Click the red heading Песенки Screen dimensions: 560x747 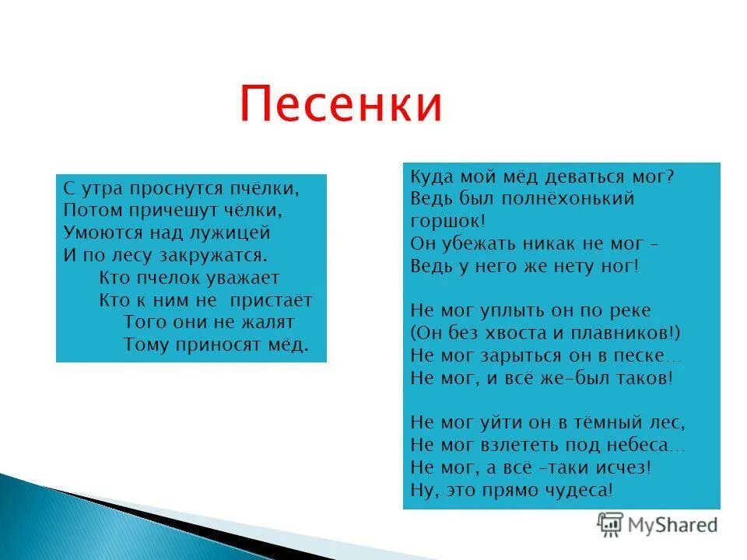pos(340,104)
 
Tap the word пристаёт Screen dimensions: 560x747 pos(272,300)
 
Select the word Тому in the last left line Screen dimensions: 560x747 pos(146,345)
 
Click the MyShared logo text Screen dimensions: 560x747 pos(670,525)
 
